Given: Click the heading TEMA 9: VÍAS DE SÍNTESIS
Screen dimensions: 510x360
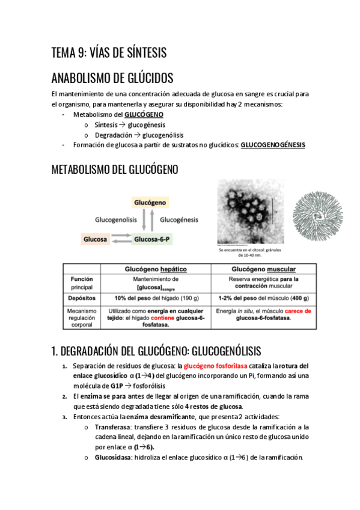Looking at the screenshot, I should click(109, 53).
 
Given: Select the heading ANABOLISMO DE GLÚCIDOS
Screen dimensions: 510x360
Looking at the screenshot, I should click(112, 78).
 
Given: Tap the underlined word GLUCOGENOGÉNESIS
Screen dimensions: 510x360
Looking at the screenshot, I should click(272, 145).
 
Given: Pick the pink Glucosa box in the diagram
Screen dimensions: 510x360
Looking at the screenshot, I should click(96, 239).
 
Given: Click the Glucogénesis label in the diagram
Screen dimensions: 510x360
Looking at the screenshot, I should click(179, 220).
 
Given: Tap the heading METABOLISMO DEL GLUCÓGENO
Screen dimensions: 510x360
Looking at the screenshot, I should click(115, 170).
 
